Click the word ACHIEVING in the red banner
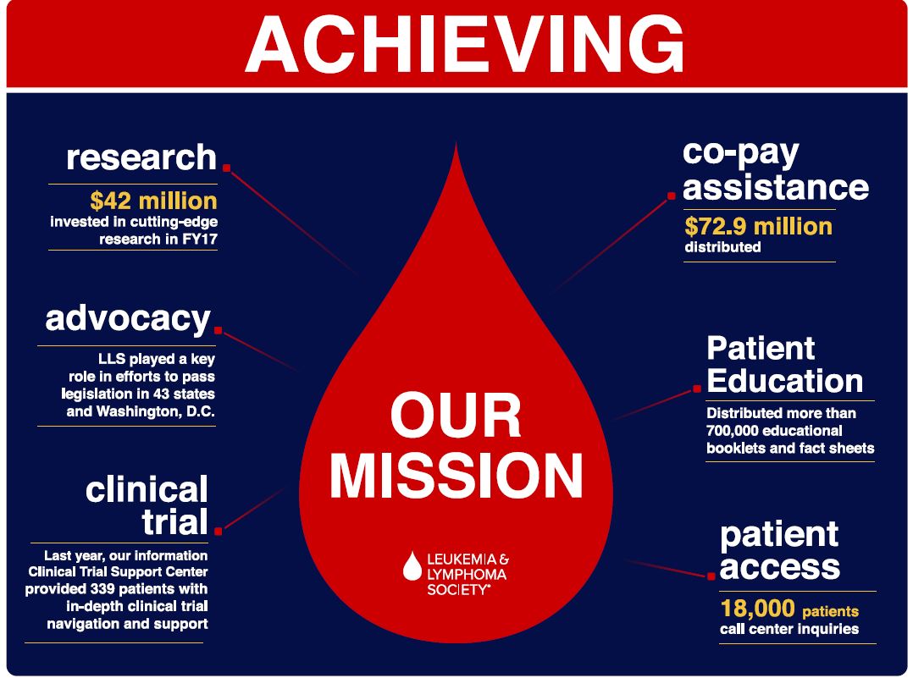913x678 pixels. click(x=464, y=44)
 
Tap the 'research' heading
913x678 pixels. click(x=141, y=157)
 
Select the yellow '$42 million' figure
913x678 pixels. click(x=154, y=201)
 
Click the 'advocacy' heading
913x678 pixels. click(x=128, y=319)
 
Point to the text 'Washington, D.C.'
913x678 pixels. click(x=156, y=411)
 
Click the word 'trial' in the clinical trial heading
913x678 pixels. click(x=174, y=521)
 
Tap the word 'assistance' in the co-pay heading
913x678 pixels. click(x=776, y=187)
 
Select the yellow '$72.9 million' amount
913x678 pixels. click(x=758, y=226)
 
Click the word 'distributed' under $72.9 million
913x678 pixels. click(x=722, y=247)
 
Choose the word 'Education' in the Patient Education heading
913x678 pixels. click(x=785, y=381)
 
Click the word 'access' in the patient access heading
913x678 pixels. click(x=780, y=567)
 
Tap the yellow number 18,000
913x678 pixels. click(x=757, y=609)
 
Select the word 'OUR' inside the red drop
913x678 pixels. click(x=456, y=416)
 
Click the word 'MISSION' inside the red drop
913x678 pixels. click(x=456, y=476)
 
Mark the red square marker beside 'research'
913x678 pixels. click(x=226, y=168)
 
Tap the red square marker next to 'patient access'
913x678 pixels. click(x=711, y=576)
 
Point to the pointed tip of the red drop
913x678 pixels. click(x=456, y=142)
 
